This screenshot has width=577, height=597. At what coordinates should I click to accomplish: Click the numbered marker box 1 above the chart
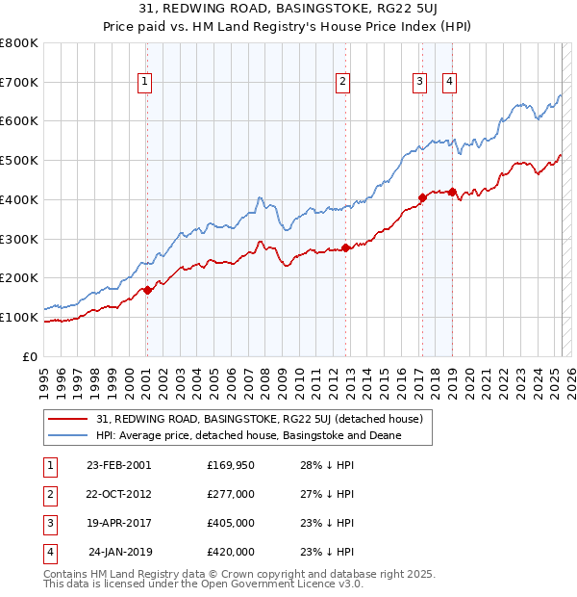144,83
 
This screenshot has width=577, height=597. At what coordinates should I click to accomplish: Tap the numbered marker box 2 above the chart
342,83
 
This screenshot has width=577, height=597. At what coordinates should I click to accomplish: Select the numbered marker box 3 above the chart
420,83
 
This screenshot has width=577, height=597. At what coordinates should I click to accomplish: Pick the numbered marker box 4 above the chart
450,83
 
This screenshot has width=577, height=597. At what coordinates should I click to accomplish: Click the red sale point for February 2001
147,290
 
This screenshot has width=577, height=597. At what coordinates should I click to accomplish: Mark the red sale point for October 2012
346,247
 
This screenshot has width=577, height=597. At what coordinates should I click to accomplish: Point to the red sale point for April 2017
422,197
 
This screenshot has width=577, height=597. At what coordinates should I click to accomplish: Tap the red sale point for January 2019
452,192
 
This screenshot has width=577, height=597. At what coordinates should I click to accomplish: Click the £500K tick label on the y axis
19,161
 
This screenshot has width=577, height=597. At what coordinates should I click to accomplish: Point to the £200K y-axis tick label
19,278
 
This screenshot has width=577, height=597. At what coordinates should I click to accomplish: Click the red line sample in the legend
69,419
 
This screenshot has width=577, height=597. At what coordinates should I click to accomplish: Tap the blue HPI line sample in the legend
69,435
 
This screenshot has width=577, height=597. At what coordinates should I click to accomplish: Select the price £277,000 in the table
231,493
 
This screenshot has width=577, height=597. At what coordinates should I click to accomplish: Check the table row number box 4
49,552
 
